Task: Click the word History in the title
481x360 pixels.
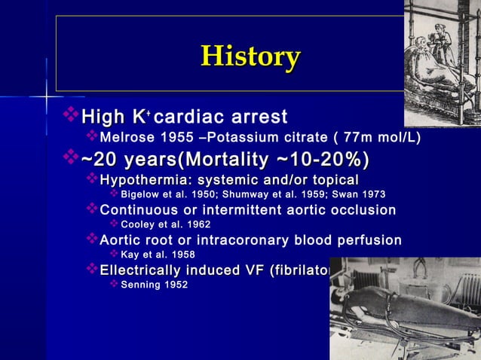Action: click(x=250, y=56)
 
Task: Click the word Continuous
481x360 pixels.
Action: click(x=139, y=209)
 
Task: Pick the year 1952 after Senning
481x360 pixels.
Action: click(x=177, y=285)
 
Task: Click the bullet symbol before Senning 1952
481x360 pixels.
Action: click(x=114, y=285)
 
